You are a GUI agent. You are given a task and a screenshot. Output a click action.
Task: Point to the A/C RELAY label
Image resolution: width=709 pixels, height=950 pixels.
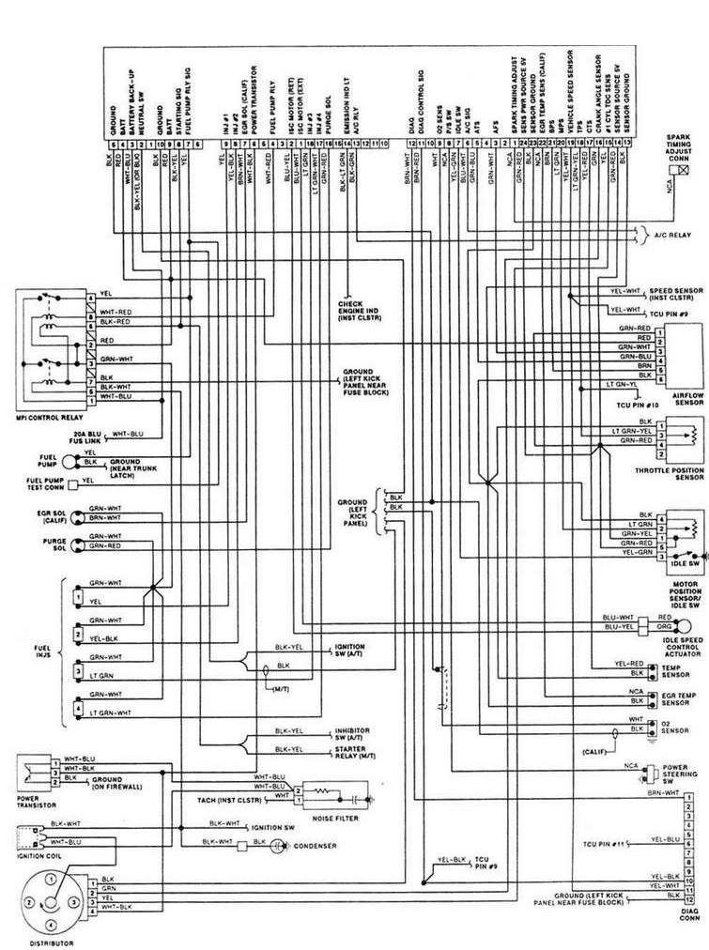672,237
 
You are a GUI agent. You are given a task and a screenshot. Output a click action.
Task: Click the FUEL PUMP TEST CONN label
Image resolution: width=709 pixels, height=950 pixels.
33,484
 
